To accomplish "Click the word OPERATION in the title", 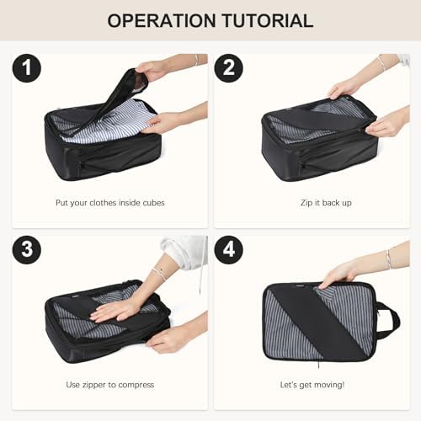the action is tap(162, 21).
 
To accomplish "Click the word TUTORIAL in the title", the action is tap(268, 21).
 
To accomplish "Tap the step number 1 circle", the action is tap(27, 68).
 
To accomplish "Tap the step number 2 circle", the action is tap(228, 68).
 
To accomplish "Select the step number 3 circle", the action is tap(27, 250).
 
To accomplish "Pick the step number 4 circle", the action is tap(228, 250).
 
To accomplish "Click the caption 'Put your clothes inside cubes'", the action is tap(110, 203).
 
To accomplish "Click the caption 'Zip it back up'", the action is tap(326, 203).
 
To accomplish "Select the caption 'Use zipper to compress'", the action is tap(110, 385).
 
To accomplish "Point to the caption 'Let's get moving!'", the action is tap(312, 385).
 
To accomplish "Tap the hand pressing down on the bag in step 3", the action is tap(118, 311).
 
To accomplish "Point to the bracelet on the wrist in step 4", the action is tap(389, 258).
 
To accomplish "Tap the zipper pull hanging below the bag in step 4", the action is tap(319, 364).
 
